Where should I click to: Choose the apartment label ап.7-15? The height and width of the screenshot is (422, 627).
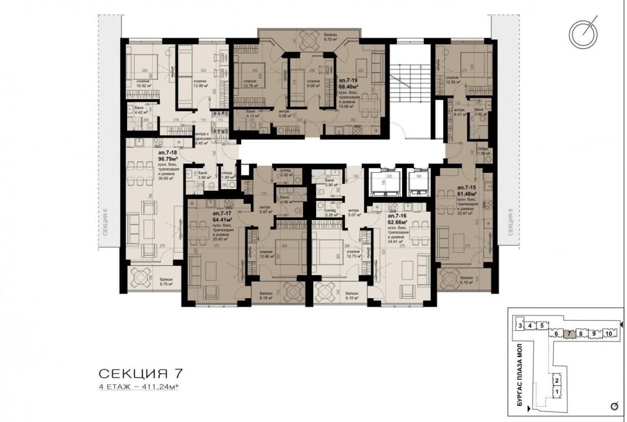pyautogui.click(x=468, y=186)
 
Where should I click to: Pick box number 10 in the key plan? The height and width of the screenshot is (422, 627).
pyautogui.click(x=608, y=334)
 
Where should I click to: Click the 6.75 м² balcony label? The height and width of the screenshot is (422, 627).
pyautogui.click(x=165, y=281)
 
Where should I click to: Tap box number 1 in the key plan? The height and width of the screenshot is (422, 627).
pyautogui.click(x=557, y=391)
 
